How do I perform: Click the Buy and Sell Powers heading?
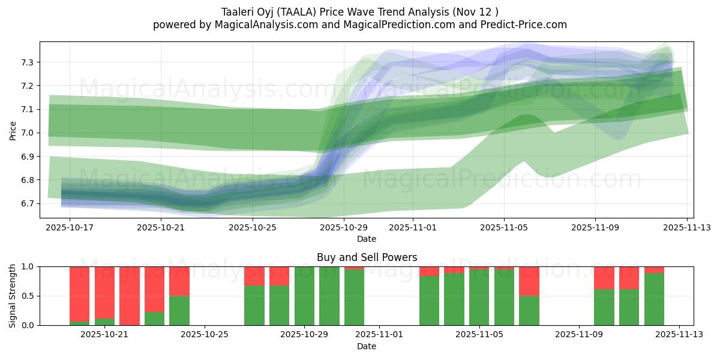pos(367,257)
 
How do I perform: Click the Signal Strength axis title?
pos(13,296)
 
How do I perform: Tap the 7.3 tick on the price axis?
pos(28,62)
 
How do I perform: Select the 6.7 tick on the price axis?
pos(28,204)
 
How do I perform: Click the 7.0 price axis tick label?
pos(28,133)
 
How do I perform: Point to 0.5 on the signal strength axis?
pos(28,296)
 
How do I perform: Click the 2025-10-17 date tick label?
pos(70,227)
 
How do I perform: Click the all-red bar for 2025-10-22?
pos(130,296)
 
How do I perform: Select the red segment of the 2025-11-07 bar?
pos(529,281)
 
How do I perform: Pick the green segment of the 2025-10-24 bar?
pos(179,310)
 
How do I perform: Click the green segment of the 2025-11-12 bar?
pos(654,299)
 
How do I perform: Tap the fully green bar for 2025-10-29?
pos(304,296)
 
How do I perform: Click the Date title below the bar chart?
pos(367,346)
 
